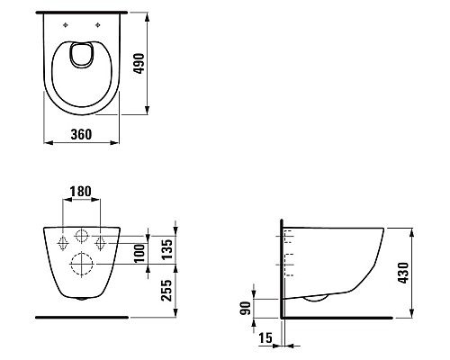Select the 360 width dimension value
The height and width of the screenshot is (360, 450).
point(83,134)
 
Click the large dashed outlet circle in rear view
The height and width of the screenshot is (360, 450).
point(83,265)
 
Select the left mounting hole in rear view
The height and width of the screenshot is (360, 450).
point(63,242)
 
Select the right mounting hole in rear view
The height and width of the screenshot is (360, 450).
point(102,242)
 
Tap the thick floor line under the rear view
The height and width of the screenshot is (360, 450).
point(83,317)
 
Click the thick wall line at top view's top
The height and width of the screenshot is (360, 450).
point(83,13)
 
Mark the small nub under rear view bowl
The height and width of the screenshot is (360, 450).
point(83,299)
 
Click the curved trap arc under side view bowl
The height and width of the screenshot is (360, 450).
point(315,298)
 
